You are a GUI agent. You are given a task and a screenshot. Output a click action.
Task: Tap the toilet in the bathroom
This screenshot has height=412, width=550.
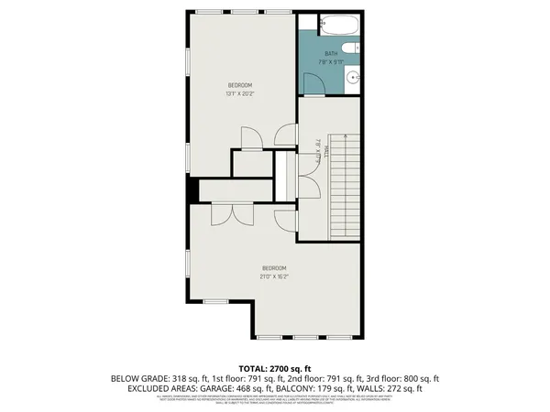[x=349, y=49]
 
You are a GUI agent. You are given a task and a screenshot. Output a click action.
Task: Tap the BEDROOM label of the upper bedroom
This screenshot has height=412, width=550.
[x=240, y=85]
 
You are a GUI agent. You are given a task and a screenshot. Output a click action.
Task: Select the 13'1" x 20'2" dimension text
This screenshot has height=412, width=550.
[x=240, y=93]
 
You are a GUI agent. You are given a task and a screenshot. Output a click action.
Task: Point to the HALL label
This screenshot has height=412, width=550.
[x=319, y=143]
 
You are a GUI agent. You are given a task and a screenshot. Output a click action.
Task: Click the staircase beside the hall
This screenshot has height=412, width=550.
[x=345, y=183]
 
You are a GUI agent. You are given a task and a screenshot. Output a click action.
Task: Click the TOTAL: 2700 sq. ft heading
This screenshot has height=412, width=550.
[x=274, y=366]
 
